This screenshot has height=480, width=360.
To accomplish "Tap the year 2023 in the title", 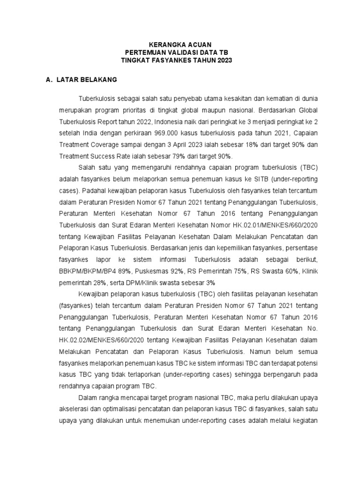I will [x=224, y=60].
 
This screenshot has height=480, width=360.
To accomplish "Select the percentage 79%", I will [x=179, y=156].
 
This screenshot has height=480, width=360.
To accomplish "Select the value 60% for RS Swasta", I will [x=291, y=270].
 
